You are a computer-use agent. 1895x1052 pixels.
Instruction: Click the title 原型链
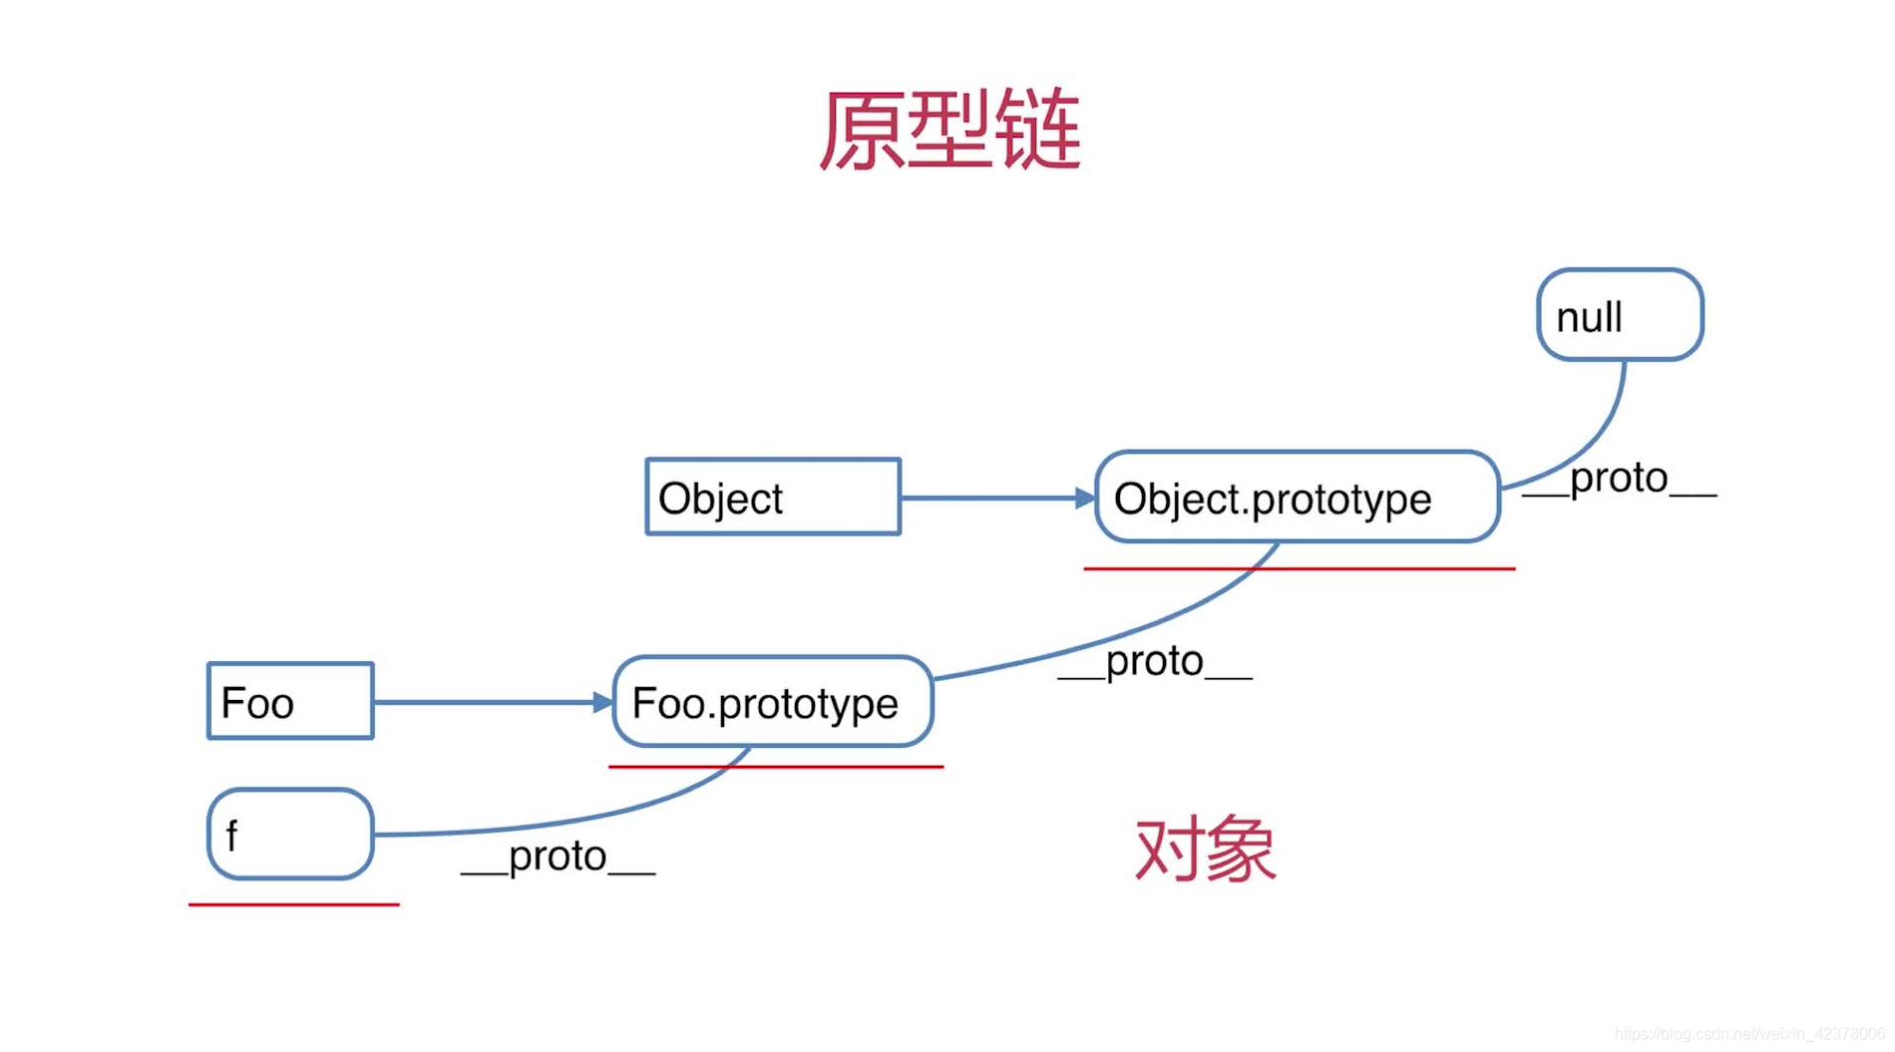point(949,131)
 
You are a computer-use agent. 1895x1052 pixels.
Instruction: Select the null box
point(1620,315)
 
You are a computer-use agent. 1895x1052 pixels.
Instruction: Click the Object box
point(773,497)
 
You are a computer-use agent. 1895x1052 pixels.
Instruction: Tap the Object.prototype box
point(1297,497)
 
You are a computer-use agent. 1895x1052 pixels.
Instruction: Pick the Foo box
point(290,701)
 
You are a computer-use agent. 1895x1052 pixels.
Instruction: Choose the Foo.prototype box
point(773,702)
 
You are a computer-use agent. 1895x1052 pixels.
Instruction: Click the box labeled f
point(290,834)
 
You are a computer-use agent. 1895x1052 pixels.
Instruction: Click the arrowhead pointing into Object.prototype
point(1085,498)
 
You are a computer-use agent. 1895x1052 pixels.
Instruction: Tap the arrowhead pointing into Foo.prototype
point(602,702)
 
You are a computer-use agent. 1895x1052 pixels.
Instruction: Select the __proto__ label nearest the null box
point(1620,479)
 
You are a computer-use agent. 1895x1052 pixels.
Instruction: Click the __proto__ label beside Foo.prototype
point(1155,661)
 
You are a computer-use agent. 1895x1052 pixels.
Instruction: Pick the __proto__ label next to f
point(558,857)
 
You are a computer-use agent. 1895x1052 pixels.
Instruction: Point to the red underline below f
point(294,904)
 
